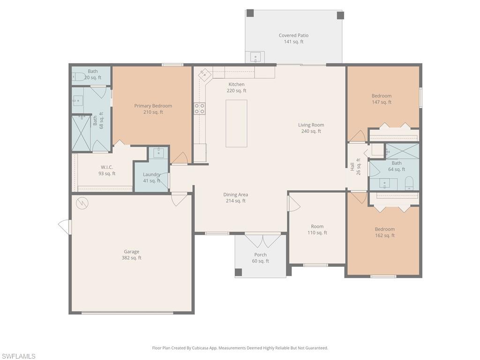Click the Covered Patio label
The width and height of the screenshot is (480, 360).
(x=293, y=38)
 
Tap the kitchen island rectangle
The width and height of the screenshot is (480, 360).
(x=236, y=123)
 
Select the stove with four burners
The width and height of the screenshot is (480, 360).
(x=200, y=109)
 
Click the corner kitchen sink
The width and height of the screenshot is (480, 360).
(x=203, y=74)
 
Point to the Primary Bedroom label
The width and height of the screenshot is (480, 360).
(x=153, y=109)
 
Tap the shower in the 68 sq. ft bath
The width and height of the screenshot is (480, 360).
(x=82, y=133)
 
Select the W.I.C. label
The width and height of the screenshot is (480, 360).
(x=107, y=171)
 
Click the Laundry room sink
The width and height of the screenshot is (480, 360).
(x=158, y=152)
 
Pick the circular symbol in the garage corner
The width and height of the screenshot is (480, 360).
(x=82, y=203)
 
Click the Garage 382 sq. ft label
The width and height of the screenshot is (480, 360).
(x=132, y=255)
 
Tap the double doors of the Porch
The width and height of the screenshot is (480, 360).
(x=262, y=240)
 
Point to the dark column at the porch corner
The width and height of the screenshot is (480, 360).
(x=238, y=272)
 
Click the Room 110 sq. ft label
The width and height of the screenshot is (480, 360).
(x=317, y=230)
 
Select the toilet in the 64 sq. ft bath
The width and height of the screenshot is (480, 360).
(x=409, y=183)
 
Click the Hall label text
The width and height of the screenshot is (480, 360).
(x=352, y=167)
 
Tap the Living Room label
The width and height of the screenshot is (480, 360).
(x=311, y=128)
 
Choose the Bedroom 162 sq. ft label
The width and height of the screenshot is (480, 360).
(x=385, y=232)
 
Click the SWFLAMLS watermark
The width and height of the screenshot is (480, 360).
(x=18, y=356)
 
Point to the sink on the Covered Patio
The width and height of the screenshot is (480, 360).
(x=255, y=57)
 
